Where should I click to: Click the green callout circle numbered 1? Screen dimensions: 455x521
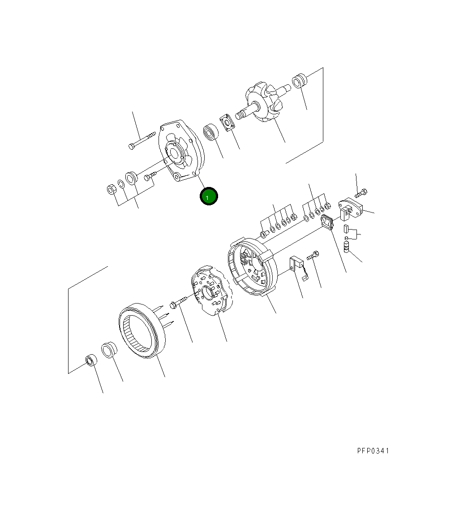(x=208, y=196)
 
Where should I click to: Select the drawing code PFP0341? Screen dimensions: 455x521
(x=373, y=451)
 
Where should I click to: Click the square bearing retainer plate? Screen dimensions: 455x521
(x=227, y=123)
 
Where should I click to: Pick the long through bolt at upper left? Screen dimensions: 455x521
(x=142, y=140)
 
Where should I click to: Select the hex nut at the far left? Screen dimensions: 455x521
(x=111, y=190)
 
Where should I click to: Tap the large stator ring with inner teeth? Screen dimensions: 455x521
(x=142, y=330)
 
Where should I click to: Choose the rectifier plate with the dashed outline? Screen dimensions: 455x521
(x=212, y=290)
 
